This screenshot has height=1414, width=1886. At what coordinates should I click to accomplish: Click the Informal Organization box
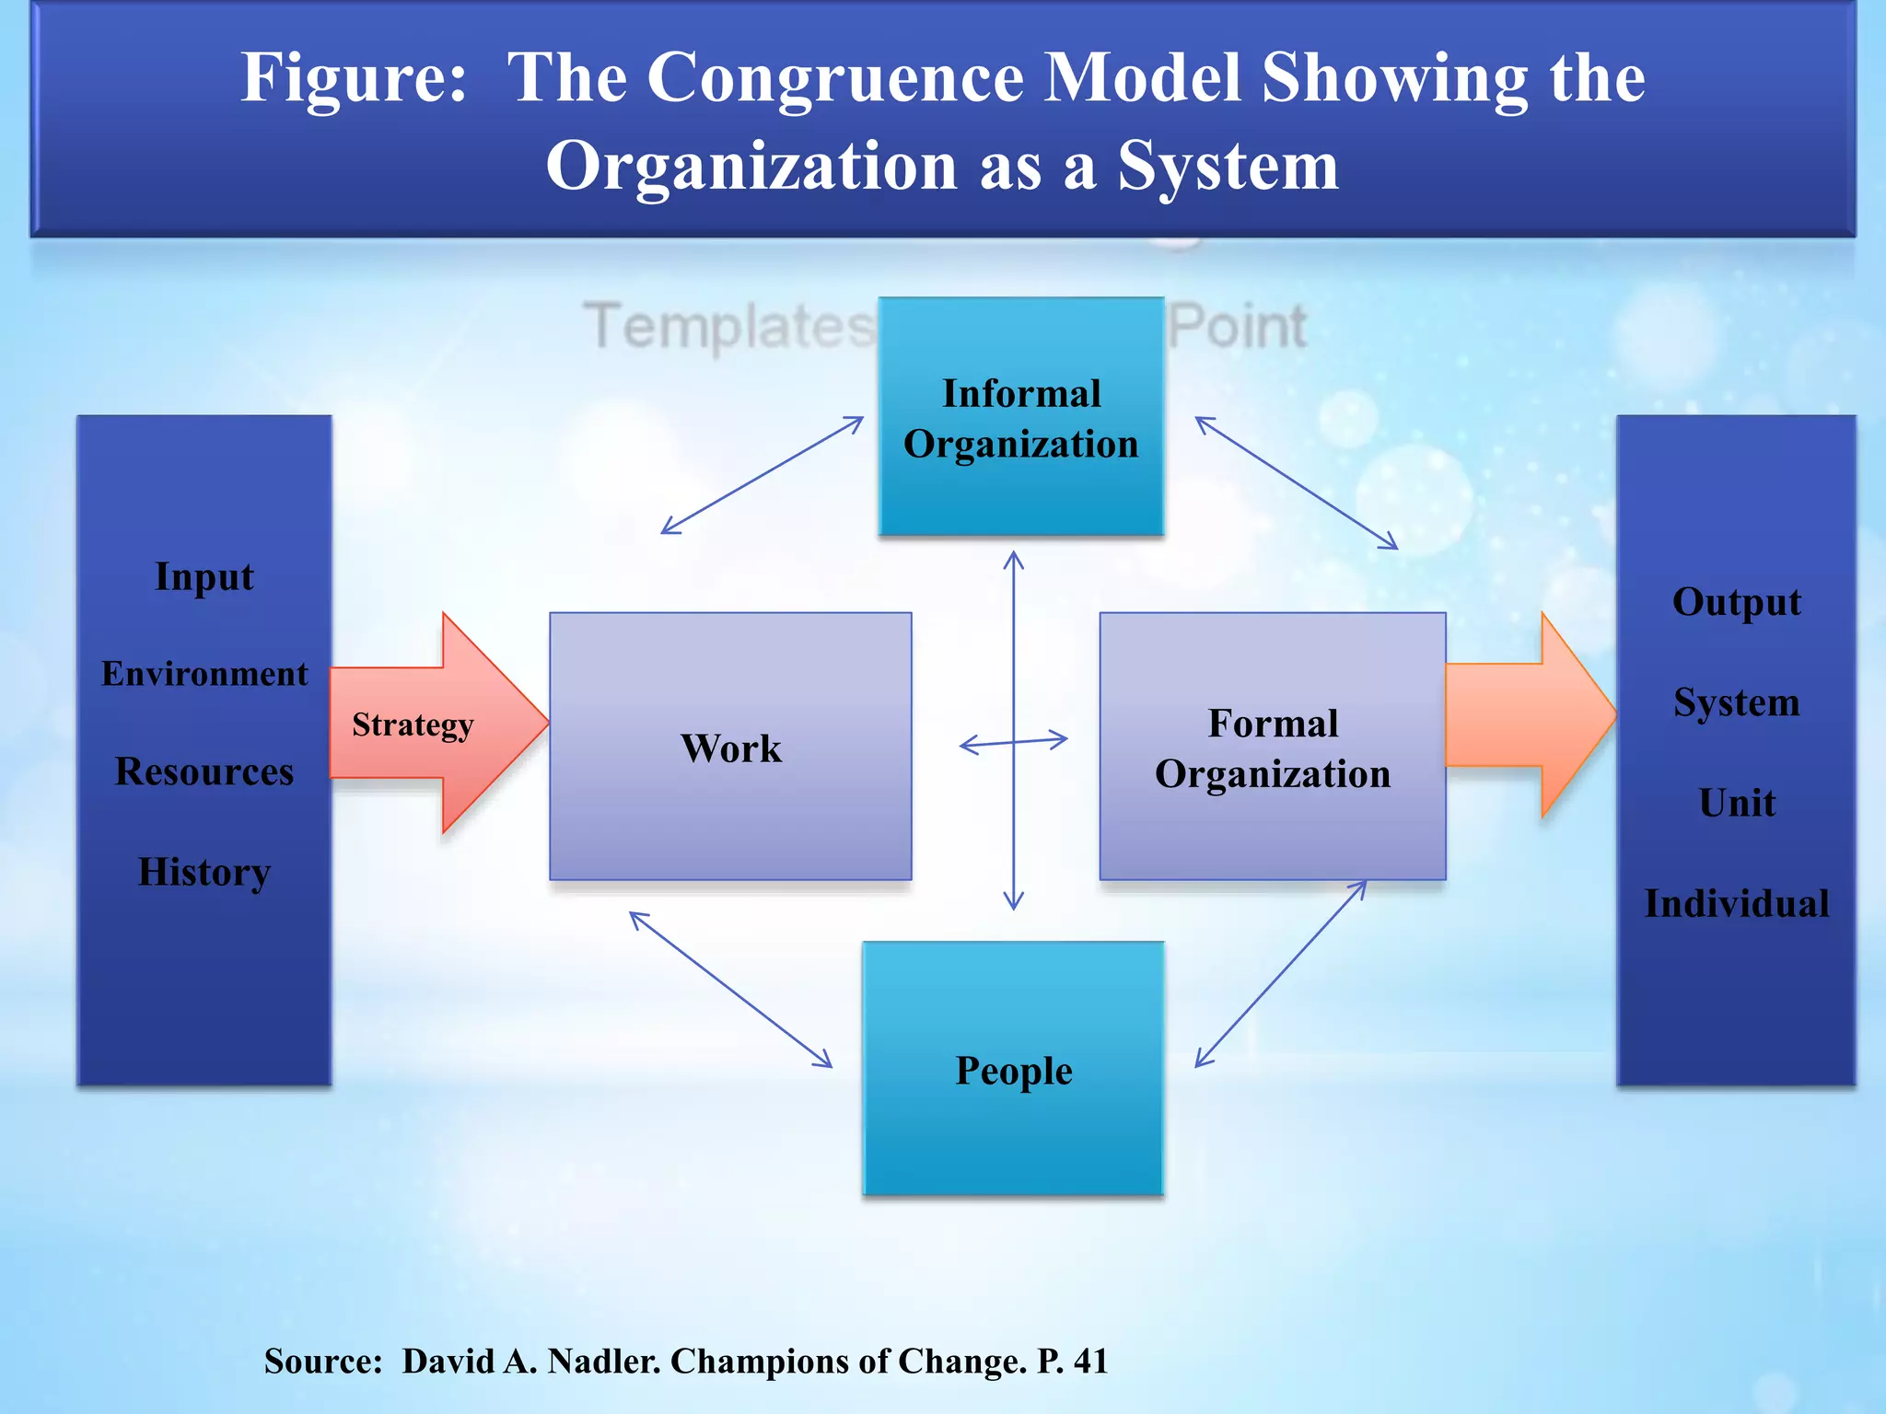(x=1020, y=417)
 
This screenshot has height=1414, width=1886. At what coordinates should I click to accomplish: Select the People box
(x=1013, y=1069)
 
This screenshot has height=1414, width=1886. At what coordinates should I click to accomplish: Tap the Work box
(x=730, y=747)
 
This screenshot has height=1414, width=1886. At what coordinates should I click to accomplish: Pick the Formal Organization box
(x=1272, y=747)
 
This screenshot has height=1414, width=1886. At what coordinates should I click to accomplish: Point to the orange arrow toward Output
(x=1529, y=714)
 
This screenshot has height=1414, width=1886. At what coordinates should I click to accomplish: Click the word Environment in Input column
(x=204, y=674)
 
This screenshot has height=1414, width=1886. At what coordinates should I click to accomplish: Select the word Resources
(x=204, y=771)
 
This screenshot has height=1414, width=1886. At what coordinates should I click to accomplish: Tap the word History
(x=204, y=871)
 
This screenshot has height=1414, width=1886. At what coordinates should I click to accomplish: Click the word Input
(x=204, y=576)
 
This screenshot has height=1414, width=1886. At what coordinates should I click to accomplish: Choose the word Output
(x=1736, y=602)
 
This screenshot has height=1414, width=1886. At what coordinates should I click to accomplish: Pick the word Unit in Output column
(x=1736, y=803)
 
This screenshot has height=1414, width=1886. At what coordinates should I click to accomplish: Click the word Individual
(x=1736, y=903)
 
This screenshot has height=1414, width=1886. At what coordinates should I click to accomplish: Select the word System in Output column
(x=1736, y=702)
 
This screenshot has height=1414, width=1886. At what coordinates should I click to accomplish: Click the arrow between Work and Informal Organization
(x=763, y=475)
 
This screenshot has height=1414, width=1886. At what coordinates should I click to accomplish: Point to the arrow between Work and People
(x=730, y=990)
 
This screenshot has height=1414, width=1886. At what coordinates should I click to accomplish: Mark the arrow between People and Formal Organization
(x=1280, y=974)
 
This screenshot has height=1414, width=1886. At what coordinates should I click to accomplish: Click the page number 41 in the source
(x=1090, y=1361)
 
